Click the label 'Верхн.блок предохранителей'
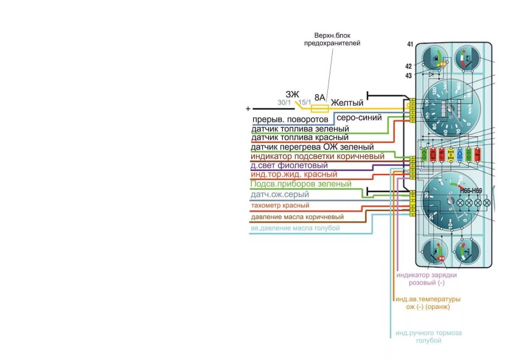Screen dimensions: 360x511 332,40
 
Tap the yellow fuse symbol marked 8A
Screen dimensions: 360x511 319,108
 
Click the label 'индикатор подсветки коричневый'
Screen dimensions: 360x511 318,156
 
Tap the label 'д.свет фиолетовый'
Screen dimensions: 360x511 289,165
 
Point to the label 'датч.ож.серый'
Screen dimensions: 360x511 279,195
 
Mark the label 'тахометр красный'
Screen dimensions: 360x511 280,206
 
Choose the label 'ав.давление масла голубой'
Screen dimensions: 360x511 295,228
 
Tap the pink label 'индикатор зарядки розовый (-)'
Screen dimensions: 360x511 426,279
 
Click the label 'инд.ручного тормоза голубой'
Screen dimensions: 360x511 428,337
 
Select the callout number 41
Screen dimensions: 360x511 410,45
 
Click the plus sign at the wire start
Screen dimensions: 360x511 248,108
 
